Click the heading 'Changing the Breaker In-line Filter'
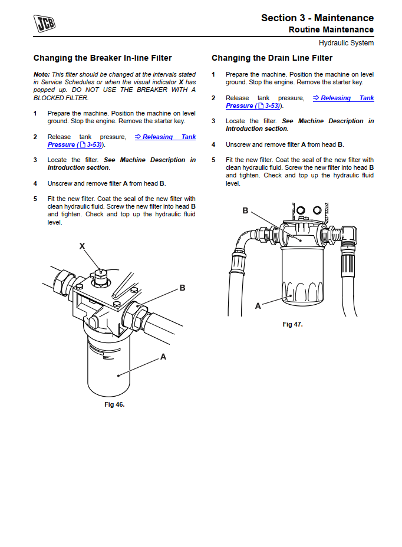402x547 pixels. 103,58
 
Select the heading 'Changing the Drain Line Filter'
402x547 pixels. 272,58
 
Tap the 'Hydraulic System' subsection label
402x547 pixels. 346,43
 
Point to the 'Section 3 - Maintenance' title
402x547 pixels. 317,18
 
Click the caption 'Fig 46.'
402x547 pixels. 114,404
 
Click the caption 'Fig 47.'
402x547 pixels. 292,324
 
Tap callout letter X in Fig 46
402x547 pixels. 82,246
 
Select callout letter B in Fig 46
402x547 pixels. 182,288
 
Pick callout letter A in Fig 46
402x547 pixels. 163,357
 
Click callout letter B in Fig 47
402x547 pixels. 245,210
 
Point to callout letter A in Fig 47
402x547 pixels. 258,306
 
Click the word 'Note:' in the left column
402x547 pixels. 41,74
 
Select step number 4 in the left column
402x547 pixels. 35,183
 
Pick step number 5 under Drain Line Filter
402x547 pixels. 213,160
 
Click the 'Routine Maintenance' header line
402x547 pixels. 331,29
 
